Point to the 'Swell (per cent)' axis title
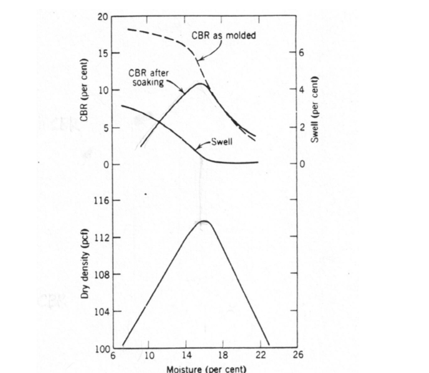pos(315,109)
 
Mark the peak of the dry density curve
pos(205,221)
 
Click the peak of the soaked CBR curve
pos(200,84)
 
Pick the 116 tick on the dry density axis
pos(101,200)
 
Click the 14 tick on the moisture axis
pos(186,355)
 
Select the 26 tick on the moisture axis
pos(298,355)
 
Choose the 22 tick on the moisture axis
pos(261,355)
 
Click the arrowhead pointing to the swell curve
pos(198,147)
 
